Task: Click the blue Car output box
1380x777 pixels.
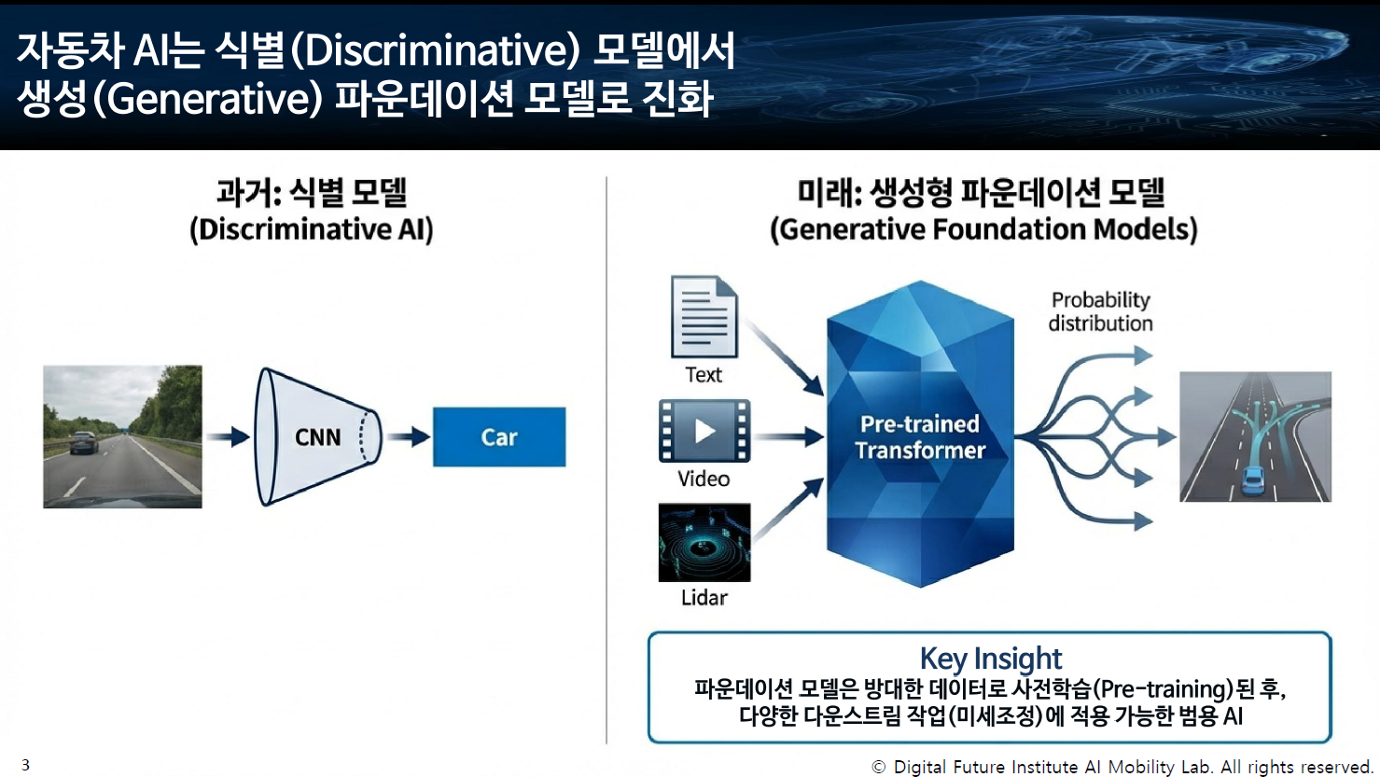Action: click(x=498, y=437)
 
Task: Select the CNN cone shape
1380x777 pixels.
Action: click(x=317, y=437)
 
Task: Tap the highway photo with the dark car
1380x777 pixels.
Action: click(x=122, y=437)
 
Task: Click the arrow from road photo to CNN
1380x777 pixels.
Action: click(x=228, y=437)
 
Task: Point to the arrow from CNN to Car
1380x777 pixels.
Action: click(x=408, y=437)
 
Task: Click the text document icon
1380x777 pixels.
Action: click(x=704, y=316)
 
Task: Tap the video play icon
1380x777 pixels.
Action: click(x=704, y=431)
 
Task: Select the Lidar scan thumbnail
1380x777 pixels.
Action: click(x=704, y=542)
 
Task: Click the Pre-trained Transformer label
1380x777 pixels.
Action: click(x=920, y=437)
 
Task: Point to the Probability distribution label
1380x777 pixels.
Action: click(x=1100, y=312)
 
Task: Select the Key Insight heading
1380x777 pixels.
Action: click(x=990, y=659)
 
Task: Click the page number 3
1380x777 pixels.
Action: click(x=25, y=765)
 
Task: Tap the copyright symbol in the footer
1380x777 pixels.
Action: click(x=878, y=767)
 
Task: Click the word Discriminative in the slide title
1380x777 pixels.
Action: click(x=435, y=50)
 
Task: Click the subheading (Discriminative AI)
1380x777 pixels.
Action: click(x=312, y=229)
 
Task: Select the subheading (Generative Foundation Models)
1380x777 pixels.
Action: click(x=983, y=229)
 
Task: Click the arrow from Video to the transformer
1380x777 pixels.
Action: click(x=788, y=436)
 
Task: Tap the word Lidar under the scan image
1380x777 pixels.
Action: click(x=704, y=598)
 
